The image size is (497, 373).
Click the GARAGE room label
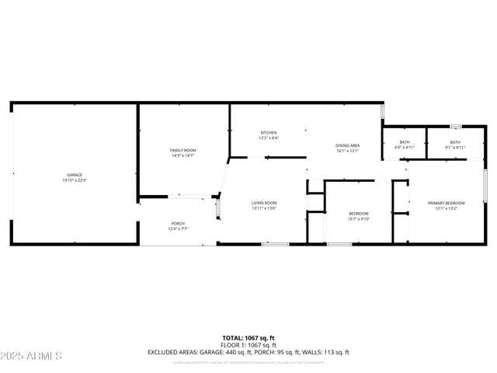coord(75,175)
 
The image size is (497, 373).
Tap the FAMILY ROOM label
coord(183,150)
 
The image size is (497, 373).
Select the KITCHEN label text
coord(269,133)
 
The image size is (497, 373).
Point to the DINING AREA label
coord(347,145)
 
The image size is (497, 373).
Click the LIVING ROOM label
coord(264,204)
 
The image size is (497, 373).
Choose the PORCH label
coord(178,224)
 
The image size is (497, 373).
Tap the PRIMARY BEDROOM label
coord(446,204)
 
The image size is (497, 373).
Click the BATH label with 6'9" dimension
coord(405,142)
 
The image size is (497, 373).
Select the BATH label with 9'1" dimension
coord(455,142)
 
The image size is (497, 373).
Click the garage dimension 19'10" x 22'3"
coord(75,180)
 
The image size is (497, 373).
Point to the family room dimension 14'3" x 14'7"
coord(183,155)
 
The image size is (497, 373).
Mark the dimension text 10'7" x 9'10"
coord(359,218)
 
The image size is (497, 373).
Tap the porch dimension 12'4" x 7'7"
coord(178,229)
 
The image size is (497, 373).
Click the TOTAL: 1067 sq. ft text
coord(248,337)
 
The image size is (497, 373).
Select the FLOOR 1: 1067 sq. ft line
coord(248,344)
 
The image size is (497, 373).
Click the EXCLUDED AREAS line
coord(248,352)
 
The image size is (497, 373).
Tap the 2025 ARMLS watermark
coord(32,355)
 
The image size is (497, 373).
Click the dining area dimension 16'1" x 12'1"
coord(347,151)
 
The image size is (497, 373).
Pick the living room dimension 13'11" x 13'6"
coord(264,208)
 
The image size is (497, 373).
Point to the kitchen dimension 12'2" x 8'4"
coord(269,138)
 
